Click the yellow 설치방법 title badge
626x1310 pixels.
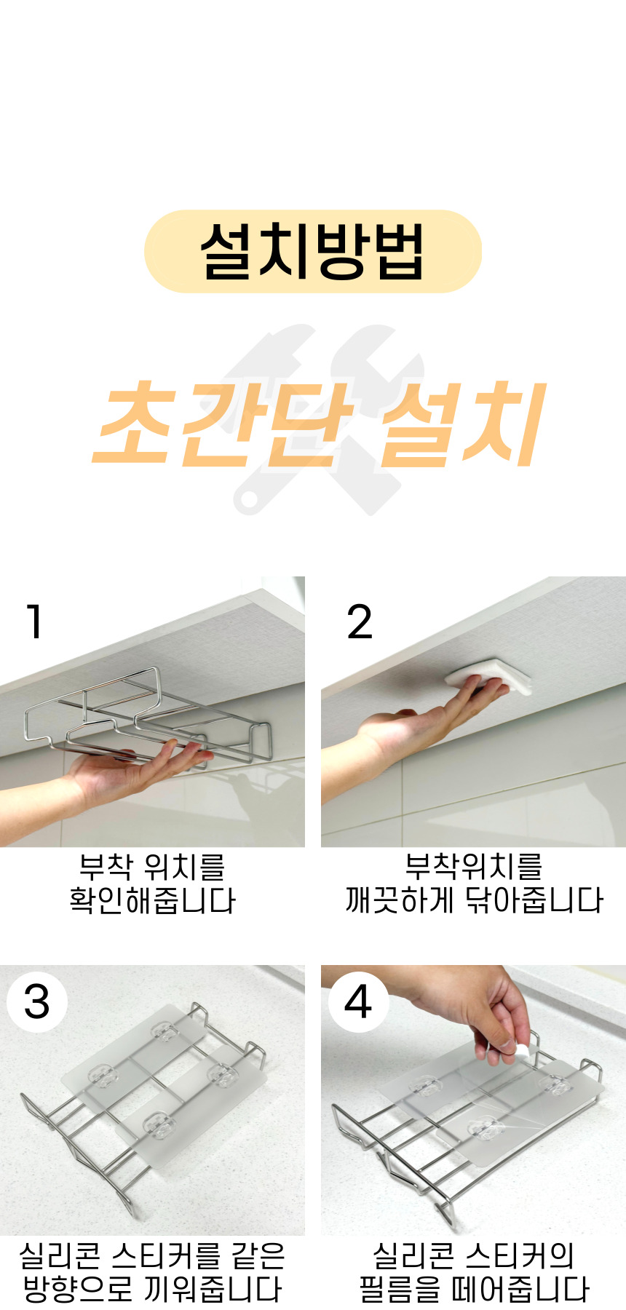point(313,252)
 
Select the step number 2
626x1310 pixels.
point(360,622)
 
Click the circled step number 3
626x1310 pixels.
point(37,1002)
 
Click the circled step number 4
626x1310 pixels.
point(357,1002)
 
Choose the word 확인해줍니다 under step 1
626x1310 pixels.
point(153,901)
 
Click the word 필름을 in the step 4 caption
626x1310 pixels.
point(400,1289)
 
